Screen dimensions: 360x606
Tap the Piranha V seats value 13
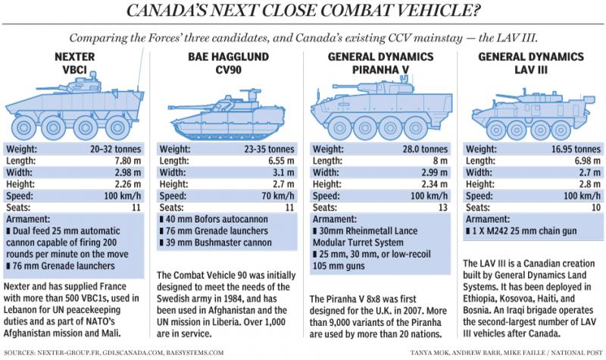coord(439,208)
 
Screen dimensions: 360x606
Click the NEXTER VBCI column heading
coord(76,64)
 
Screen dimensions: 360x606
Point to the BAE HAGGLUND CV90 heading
coord(226,64)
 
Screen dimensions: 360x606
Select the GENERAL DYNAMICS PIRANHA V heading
coord(376,64)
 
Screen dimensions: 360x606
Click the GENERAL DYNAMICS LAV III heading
coord(527,64)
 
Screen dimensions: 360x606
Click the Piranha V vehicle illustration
coord(376,110)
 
